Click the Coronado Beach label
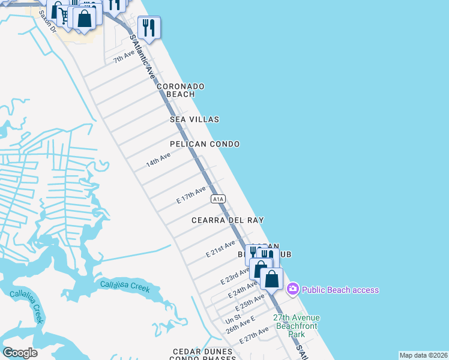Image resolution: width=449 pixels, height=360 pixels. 181,90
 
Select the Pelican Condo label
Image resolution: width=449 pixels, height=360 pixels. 205,144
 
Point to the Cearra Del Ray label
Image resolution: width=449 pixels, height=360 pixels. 228,220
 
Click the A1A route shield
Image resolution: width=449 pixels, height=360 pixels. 218,199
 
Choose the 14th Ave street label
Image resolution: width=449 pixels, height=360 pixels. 158,160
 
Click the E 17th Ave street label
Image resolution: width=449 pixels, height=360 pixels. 191,197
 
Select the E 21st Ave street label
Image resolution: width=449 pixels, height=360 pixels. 220,248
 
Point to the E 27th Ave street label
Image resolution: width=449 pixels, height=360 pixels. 254,335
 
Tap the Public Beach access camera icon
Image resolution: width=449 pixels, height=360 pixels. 292,290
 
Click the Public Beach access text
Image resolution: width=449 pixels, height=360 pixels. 340,290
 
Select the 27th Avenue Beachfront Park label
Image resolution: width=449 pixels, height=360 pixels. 296,326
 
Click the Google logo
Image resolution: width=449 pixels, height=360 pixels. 20,353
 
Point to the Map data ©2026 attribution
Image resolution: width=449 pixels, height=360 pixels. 423,355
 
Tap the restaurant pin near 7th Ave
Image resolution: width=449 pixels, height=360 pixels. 148,28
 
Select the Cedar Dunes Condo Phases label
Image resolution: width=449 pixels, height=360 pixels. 202,355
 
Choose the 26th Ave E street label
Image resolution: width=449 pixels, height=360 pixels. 240,326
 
